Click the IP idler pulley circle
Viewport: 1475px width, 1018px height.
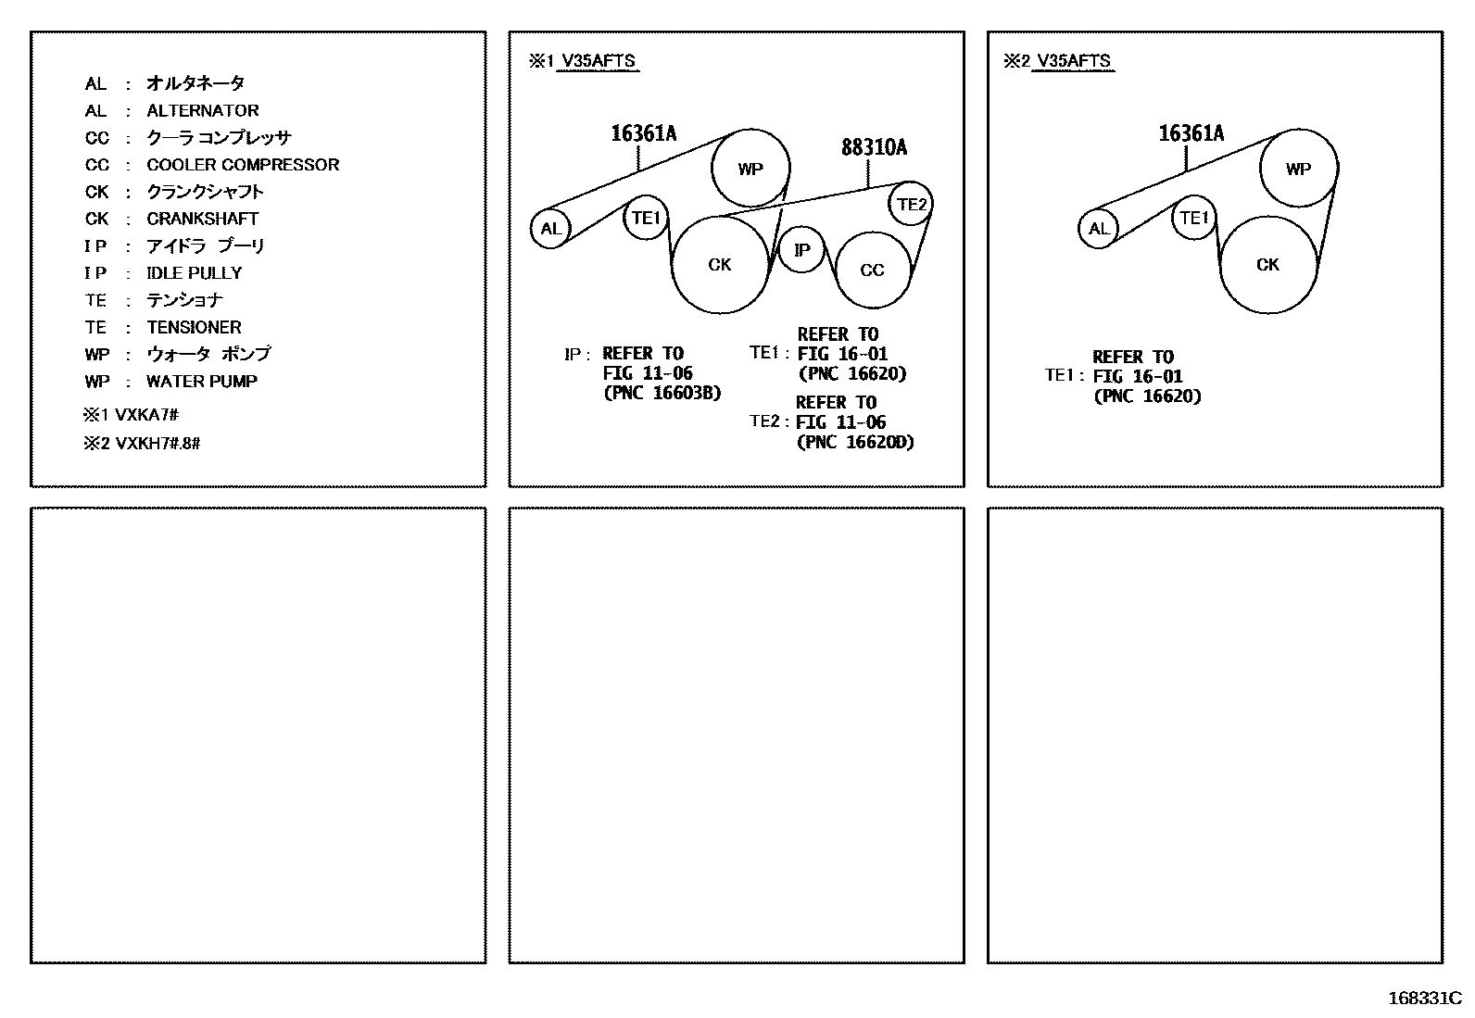801,250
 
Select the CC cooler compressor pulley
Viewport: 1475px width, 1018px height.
872,270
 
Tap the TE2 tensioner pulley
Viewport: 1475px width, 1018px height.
911,205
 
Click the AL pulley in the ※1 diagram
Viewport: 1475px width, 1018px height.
550,229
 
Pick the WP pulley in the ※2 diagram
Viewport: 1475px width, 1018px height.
1298,169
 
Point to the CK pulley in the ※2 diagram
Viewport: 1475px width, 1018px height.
1267,265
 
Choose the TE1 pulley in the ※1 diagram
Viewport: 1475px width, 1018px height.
645,219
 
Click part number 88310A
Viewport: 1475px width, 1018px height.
874,147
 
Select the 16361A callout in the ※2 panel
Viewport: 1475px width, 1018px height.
1191,133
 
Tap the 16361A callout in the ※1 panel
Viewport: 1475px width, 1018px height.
643,133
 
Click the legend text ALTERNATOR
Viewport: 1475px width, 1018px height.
203,110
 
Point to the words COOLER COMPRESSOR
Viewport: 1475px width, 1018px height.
243,165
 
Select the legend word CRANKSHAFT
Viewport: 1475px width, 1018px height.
203,219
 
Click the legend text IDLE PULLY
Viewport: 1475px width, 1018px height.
195,273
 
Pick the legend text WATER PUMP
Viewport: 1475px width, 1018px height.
202,381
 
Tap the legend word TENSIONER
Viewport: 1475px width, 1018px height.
194,327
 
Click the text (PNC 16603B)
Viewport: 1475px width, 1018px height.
662,393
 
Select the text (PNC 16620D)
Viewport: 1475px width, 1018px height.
855,442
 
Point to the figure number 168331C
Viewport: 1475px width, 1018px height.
1423,999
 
